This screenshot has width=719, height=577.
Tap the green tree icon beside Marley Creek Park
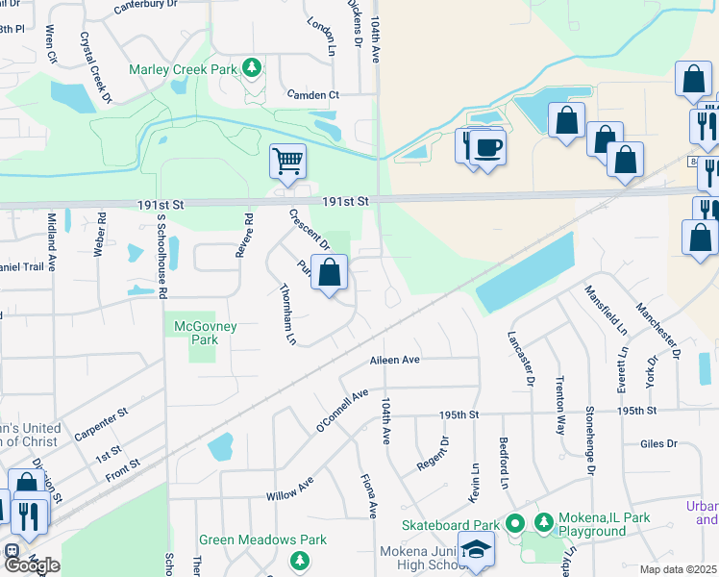(252, 67)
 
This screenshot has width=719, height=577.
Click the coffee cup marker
(488, 146)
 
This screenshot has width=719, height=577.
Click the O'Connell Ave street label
(343, 410)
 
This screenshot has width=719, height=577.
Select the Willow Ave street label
(290, 489)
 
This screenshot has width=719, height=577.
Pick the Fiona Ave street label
(367, 495)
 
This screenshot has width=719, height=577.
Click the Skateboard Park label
(452, 524)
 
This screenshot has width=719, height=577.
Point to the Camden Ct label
(313, 95)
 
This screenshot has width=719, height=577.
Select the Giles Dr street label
(658, 444)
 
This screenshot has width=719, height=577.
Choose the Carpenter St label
(101, 424)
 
